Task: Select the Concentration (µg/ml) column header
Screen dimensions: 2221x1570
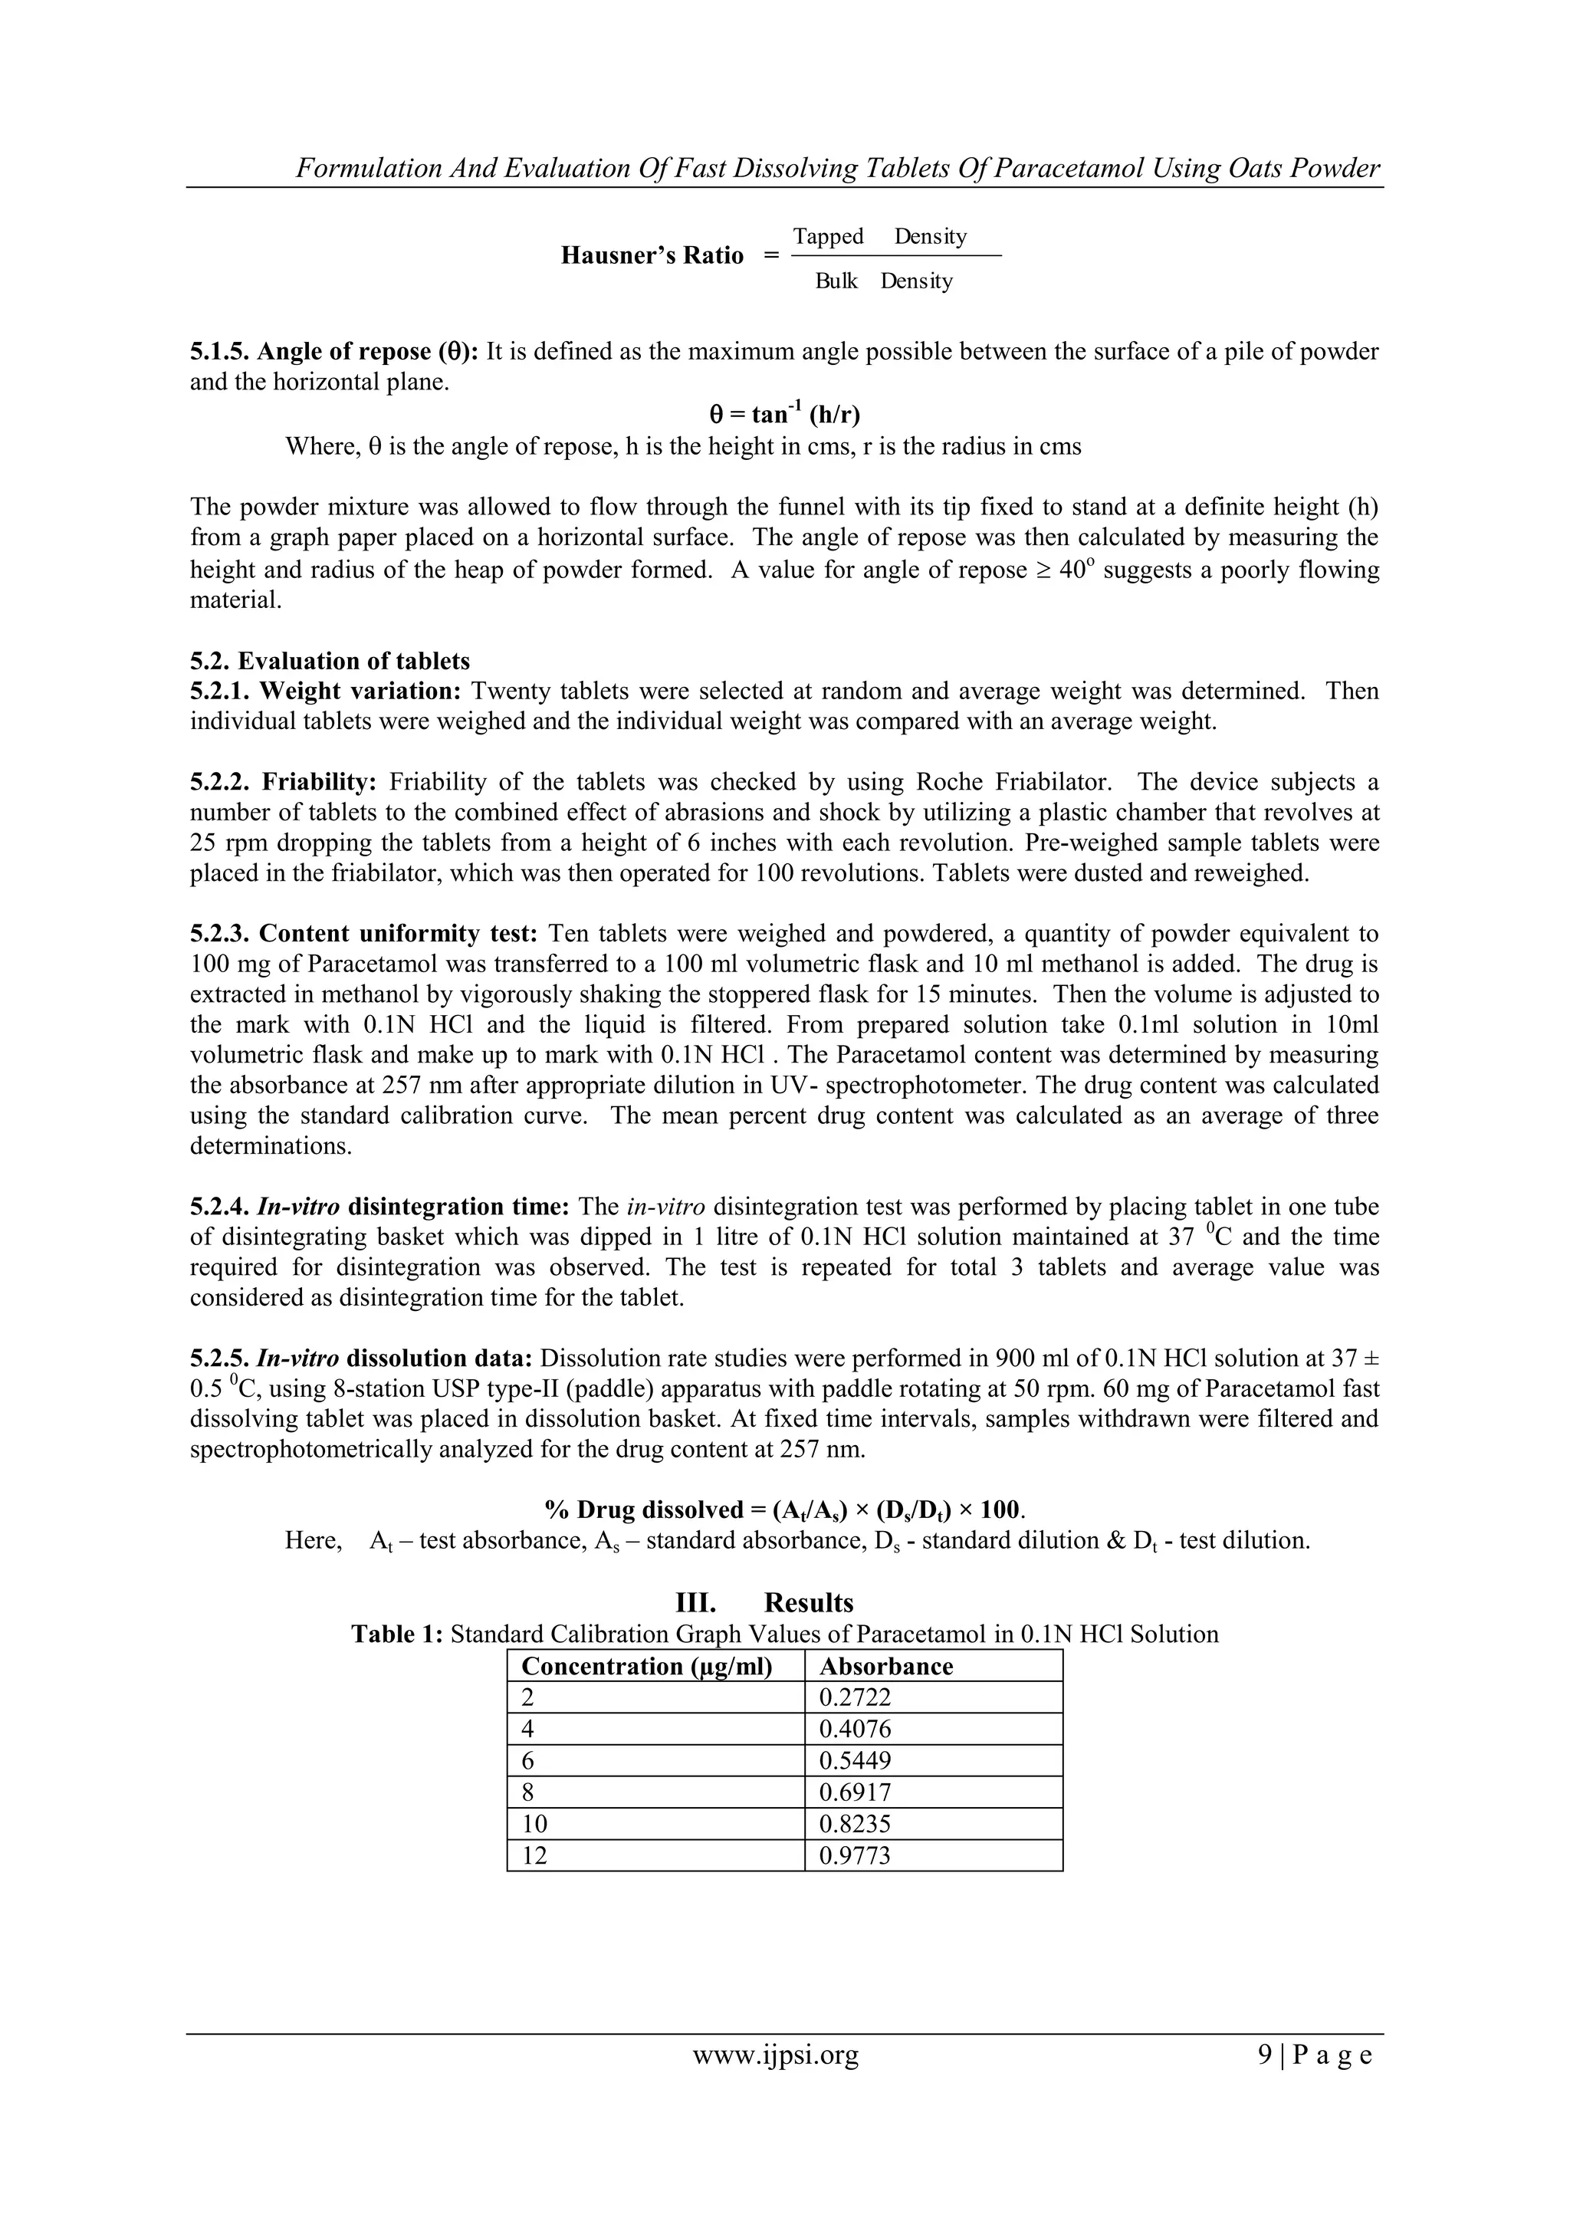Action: tap(646, 1666)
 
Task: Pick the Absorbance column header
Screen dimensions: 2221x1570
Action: tap(885, 1666)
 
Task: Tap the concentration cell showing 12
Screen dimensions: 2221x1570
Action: tap(534, 1855)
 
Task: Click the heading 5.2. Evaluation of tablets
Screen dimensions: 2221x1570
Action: tap(329, 661)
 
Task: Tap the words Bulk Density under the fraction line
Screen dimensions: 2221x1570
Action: tap(883, 281)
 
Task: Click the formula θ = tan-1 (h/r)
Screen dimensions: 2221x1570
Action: tap(784, 415)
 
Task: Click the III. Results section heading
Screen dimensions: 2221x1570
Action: tap(764, 1603)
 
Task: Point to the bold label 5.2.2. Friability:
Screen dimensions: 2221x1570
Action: tap(287, 782)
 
